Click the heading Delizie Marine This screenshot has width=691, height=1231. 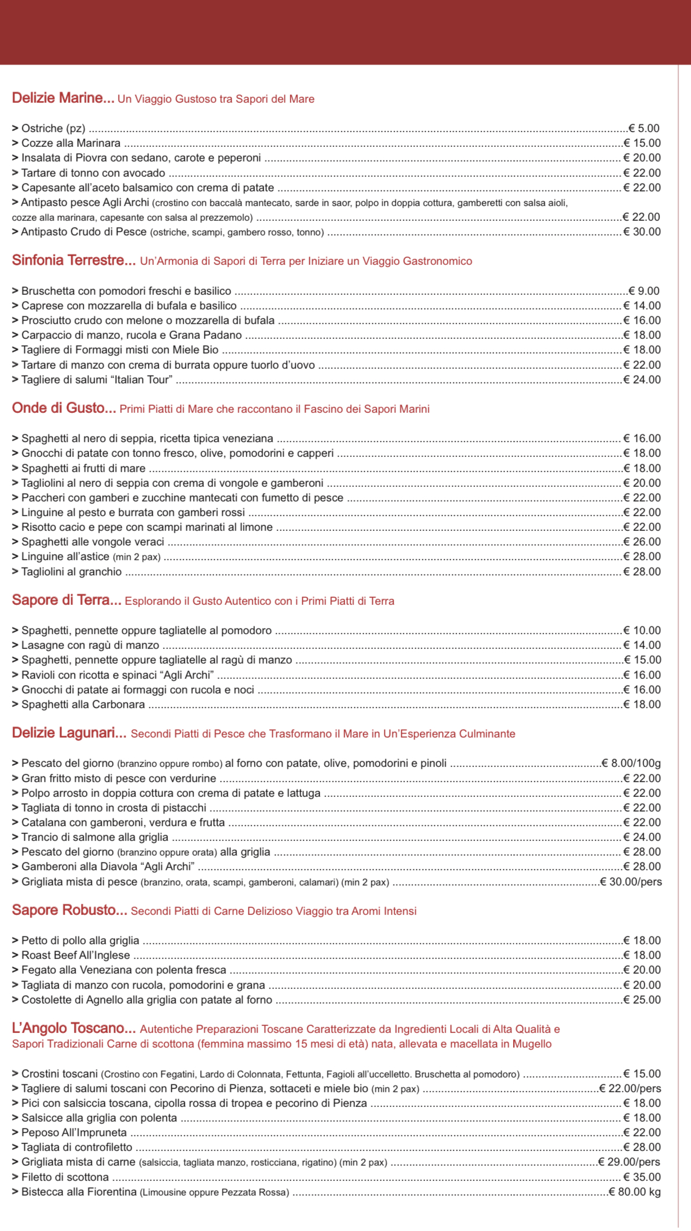pos(63,98)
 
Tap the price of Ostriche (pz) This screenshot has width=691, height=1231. pos(644,128)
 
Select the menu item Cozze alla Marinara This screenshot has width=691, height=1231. pos(71,143)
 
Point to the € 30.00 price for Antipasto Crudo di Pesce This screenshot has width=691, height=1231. pos(642,232)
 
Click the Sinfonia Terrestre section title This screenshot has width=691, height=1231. pos(74,261)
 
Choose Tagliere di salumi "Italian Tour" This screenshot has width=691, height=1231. pos(97,380)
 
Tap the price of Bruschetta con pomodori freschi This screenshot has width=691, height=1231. pos(644,291)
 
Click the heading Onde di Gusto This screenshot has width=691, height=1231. pos(64,409)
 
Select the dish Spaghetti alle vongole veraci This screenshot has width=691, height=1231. pos(92,542)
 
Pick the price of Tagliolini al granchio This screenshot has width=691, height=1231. pos(642,572)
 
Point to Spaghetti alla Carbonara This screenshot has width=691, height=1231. pos(83,704)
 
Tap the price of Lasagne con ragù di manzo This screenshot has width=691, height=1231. pos(642,645)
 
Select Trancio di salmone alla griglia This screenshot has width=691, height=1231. pos(95,837)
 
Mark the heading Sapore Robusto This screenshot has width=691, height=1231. pos(70,911)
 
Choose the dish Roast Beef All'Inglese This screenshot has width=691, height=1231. pos(76,955)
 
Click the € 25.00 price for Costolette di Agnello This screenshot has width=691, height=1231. pos(642,1000)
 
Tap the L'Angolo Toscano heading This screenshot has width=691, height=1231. pos(74,1029)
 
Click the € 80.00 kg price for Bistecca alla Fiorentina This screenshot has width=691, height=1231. pos(634,1192)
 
